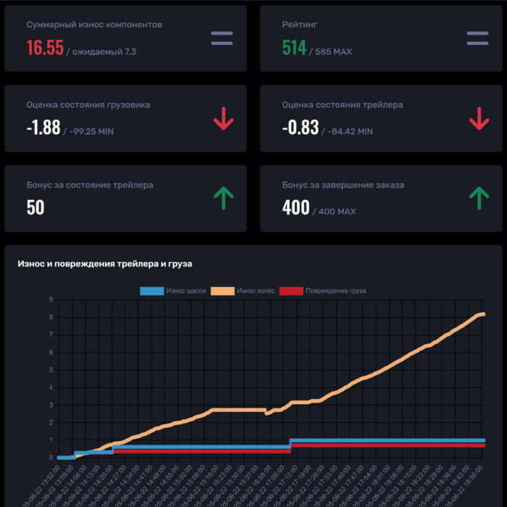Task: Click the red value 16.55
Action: coord(45,48)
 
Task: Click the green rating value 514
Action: coord(294,48)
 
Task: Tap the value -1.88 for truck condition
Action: coord(43,127)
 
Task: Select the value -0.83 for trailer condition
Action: coord(300,127)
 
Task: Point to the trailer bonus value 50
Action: coord(35,208)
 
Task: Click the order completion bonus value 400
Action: coord(296,208)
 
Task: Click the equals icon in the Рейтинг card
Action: coord(478,38)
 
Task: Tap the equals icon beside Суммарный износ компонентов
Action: coord(222,38)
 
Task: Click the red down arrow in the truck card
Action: coord(224,119)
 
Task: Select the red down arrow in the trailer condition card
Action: coord(479,119)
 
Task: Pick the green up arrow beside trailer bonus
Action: coord(224,198)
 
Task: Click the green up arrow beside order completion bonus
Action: coord(479,198)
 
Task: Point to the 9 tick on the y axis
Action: coord(51,300)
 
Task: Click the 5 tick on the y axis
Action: coord(51,370)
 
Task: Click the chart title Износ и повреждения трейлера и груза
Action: coord(104,264)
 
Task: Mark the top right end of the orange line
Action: coord(483,314)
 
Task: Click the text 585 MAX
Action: coord(333,52)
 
